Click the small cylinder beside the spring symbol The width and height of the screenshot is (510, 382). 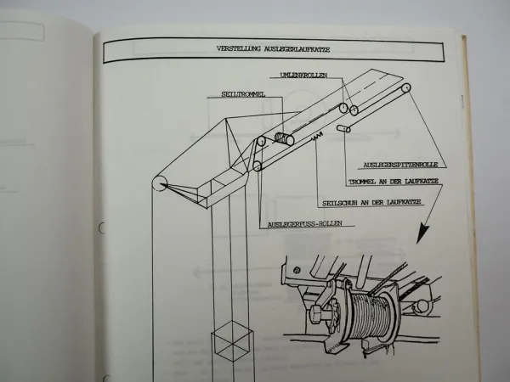point(344,128)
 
